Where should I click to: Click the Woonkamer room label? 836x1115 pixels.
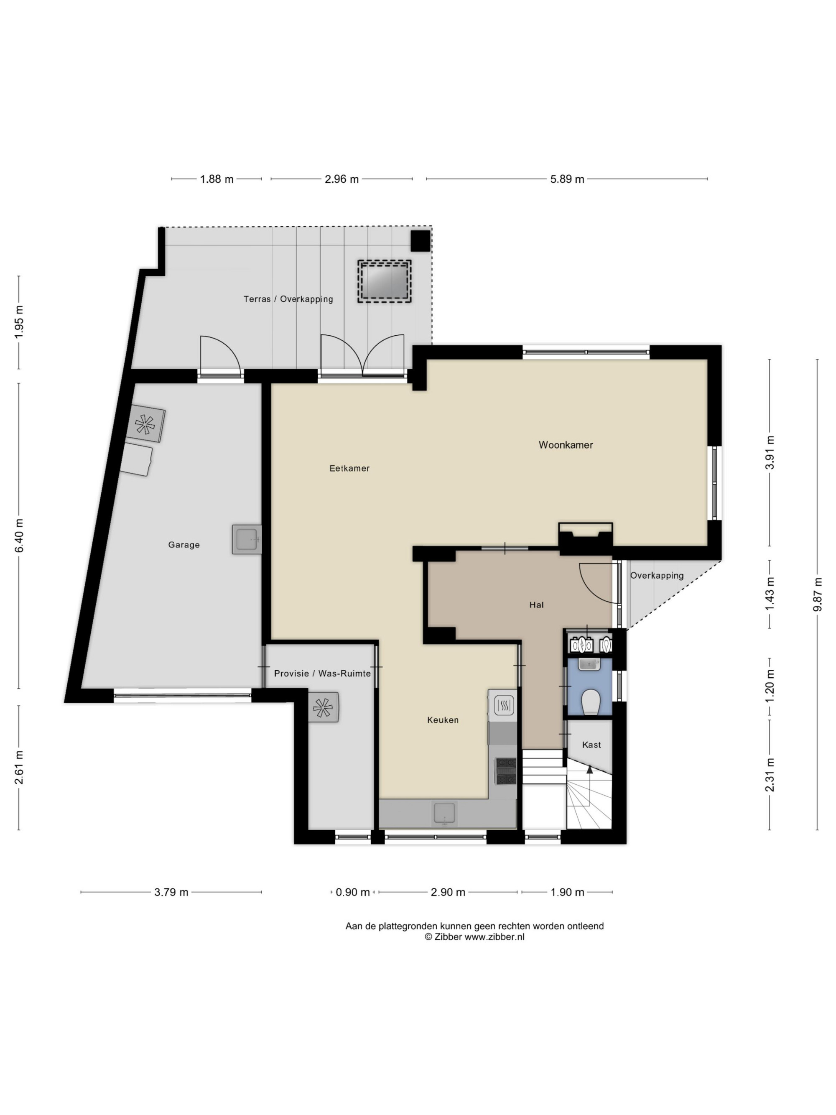coord(566,444)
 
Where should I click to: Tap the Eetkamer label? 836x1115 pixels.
coord(349,468)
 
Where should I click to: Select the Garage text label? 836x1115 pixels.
coord(184,545)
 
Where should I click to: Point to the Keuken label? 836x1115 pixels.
coord(443,720)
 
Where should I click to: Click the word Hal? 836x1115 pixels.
coord(536,605)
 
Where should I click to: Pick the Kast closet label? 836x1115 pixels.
coord(591,745)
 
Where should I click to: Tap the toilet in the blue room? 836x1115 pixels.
coord(589,703)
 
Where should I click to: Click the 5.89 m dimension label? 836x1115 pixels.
coord(567,179)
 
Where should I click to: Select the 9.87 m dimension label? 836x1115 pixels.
coord(817,595)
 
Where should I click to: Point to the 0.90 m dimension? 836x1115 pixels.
coord(353,892)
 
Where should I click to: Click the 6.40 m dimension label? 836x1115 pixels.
coord(19,535)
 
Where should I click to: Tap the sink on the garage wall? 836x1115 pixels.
coord(247,539)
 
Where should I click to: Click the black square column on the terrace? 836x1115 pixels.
coord(420,241)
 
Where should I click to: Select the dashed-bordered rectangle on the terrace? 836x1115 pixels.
coord(385,281)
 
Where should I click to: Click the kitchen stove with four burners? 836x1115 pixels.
coord(506,771)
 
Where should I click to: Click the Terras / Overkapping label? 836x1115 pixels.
coord(288,299)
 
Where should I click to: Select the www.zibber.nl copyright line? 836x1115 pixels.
coord(474,937)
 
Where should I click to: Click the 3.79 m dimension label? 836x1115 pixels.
coord(171,892)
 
